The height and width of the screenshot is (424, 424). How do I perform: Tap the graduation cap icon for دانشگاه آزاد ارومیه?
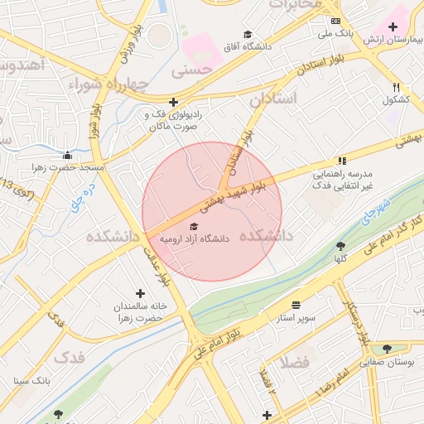195,226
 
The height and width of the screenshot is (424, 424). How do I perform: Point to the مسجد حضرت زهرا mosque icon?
67,155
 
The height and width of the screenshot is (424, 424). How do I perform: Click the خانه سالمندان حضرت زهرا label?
141,311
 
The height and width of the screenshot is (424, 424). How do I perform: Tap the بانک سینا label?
32,381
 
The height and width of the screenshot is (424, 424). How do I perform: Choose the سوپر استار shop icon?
296,305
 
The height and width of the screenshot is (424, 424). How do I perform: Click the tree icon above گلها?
340,246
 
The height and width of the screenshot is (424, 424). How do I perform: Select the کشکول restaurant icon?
397,87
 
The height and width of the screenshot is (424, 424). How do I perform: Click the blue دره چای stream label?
79,192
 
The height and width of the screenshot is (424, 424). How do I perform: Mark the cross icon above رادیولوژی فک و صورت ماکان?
172,101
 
